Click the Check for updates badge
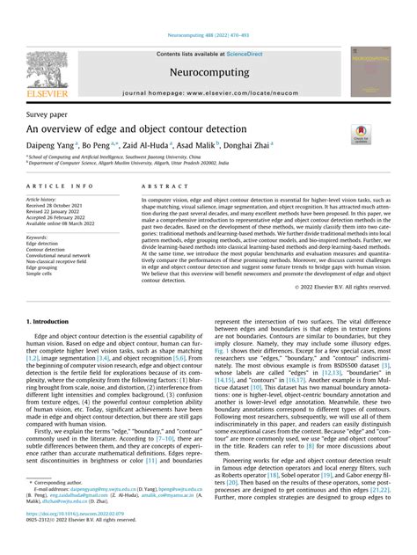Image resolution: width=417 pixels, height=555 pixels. pos(361,134)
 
